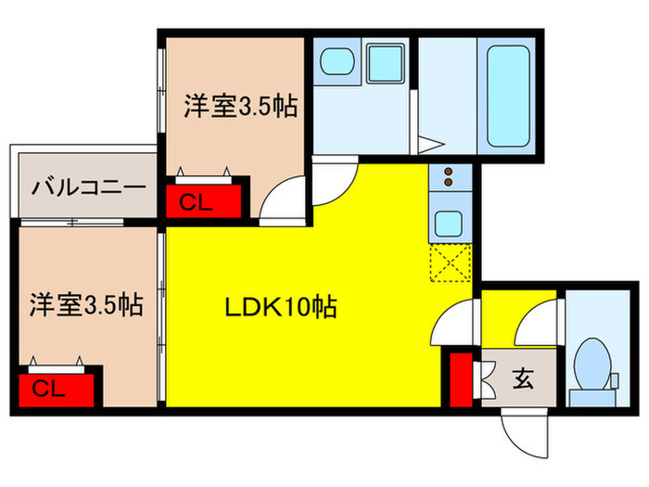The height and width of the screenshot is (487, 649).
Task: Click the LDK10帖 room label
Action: tap(278, 305)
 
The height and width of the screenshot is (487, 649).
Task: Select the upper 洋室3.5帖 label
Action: tap(239, 108)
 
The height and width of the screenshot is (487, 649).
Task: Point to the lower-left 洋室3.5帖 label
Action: tap(85, 303)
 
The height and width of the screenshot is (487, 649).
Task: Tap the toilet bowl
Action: tap(592, 361)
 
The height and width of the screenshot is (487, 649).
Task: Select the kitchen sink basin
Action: tap(452, 224)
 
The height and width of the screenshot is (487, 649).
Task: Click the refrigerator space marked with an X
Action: tap(452, 261)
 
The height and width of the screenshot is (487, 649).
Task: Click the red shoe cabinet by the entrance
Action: tap(458, 378)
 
